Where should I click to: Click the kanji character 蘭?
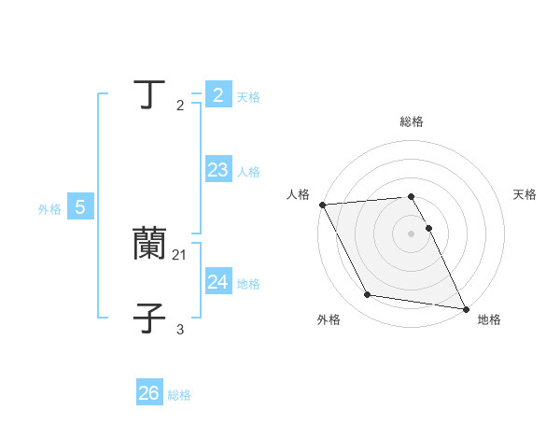coord(149,244)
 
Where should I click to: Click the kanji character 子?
coord(149,318)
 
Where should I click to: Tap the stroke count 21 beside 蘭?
coord(180,254)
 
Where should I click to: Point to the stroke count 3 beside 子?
coord(180,329)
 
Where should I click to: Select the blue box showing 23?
coord(217,170)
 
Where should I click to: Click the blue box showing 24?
coord(217,282)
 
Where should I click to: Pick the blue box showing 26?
coord(149,393)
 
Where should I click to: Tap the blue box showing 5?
coord(80,207)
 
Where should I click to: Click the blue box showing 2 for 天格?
coord(217,95)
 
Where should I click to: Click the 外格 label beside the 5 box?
coord(49,209)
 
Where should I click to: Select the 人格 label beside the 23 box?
coord(248,172)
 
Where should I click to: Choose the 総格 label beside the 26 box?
coord(179,395)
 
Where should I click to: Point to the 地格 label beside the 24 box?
coord(248,284)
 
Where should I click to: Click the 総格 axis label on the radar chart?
coord(412,121)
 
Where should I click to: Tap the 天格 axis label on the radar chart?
coord(525,194)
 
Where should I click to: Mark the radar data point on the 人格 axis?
coord(322,205)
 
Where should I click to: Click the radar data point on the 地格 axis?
coord(465,308)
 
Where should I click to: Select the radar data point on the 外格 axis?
coord(368,295)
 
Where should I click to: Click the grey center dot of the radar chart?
coord(412,234)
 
